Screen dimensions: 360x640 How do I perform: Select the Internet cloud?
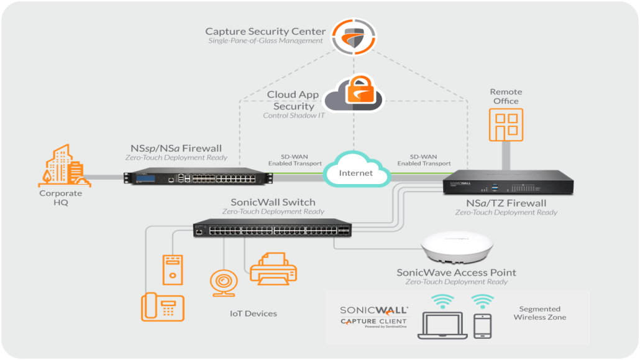pos(356,172)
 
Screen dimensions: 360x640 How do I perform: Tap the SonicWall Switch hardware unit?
pos(272,228)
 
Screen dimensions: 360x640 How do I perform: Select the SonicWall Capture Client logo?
pos(373,316)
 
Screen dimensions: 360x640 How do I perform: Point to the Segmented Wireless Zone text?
pos(539,313)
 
